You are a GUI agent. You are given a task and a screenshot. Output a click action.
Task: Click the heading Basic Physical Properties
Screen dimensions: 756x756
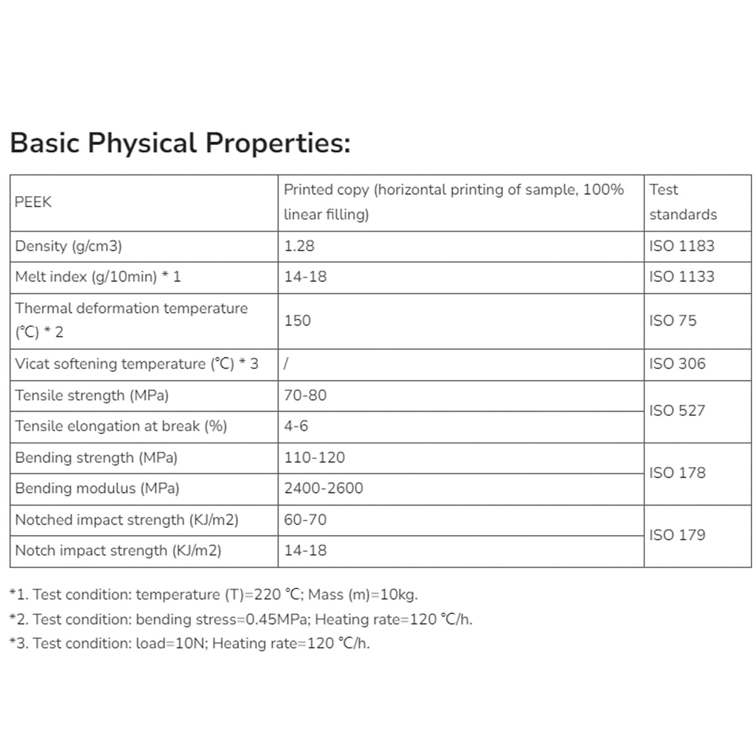click(180, 143)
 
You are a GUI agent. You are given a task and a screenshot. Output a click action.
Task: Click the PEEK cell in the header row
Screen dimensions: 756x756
click(34, 202)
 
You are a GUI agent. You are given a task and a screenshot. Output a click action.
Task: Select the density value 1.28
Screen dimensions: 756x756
click(299, 246)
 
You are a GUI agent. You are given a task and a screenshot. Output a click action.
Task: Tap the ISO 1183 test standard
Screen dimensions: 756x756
click(681, 246)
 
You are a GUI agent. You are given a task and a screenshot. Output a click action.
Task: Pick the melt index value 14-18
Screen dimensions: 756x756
click(305, 276)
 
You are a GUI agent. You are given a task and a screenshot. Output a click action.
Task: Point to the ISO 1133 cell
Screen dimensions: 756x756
click(681, 276)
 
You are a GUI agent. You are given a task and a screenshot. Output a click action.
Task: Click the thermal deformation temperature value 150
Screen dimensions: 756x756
click(297, 321)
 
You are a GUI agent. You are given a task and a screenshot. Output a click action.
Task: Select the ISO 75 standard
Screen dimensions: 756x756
click(673, 321)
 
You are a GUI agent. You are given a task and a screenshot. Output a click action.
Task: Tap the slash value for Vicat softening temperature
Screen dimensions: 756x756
click(286, 364)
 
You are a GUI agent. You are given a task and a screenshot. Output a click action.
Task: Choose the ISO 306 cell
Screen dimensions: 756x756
click(677, 364)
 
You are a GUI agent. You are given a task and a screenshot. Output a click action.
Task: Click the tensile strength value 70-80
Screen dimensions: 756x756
click(305, 395)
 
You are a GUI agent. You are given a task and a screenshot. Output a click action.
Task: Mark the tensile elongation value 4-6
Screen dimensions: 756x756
click(296, 426)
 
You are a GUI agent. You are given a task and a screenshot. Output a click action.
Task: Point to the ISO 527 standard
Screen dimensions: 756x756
click(677, 410)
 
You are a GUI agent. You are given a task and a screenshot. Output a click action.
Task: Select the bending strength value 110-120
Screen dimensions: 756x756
click(314, 458)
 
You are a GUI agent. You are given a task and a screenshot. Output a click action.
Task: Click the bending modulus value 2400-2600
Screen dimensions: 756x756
click(323, 488)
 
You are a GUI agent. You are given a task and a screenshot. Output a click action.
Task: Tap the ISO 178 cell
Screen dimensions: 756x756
click(677, 473)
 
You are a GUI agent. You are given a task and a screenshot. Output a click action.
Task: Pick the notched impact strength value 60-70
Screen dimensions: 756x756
click(305, 520)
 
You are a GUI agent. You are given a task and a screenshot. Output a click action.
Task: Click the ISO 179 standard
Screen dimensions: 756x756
click(677, 535)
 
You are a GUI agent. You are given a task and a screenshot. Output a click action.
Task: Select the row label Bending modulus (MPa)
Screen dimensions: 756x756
click(97, 488)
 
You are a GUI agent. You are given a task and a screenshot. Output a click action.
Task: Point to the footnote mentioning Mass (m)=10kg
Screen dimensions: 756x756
click(214, 595)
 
